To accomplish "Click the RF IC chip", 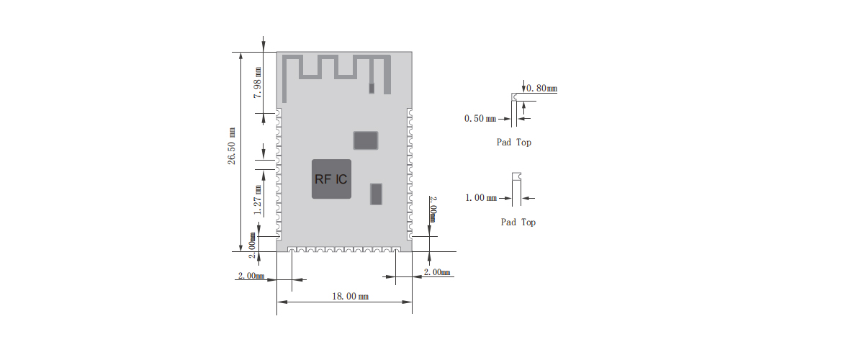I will [x=331, y=179].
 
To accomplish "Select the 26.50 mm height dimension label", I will [x=232, y=147].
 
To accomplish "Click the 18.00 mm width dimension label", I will [x=350, y=297].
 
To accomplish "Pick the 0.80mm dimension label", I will [x=542, y=89].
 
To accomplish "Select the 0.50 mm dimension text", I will [x=480, y=118].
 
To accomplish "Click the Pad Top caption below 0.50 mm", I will [x=514, y=143].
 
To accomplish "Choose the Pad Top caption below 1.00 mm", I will [x=518, y=222].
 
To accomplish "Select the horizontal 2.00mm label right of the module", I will [x=437, y=272].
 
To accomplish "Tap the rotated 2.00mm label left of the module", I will [x=253, y=240].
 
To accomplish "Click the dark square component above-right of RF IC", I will [x=365, y=140].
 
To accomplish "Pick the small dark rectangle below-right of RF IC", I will [x=376, y=194].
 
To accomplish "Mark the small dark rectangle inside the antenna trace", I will [x=372, y=88].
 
